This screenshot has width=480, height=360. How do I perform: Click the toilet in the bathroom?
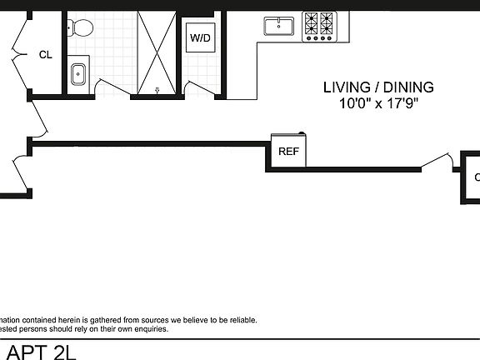[x=82, y=27]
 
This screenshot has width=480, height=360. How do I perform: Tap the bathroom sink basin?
[x=78, y=72]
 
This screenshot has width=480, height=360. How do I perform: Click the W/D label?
[x=200, y=38]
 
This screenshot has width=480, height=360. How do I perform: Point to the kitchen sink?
[x=278, y=27]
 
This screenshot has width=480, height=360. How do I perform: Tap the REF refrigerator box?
[x=288, y=152]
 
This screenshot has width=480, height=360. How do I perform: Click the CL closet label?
[x=45, y=55]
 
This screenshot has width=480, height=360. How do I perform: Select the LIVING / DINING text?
[x=378, y=87]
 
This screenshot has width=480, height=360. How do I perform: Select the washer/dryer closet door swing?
[x=200, y=87]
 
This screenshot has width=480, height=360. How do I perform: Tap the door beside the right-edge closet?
[x=437, y=161]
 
